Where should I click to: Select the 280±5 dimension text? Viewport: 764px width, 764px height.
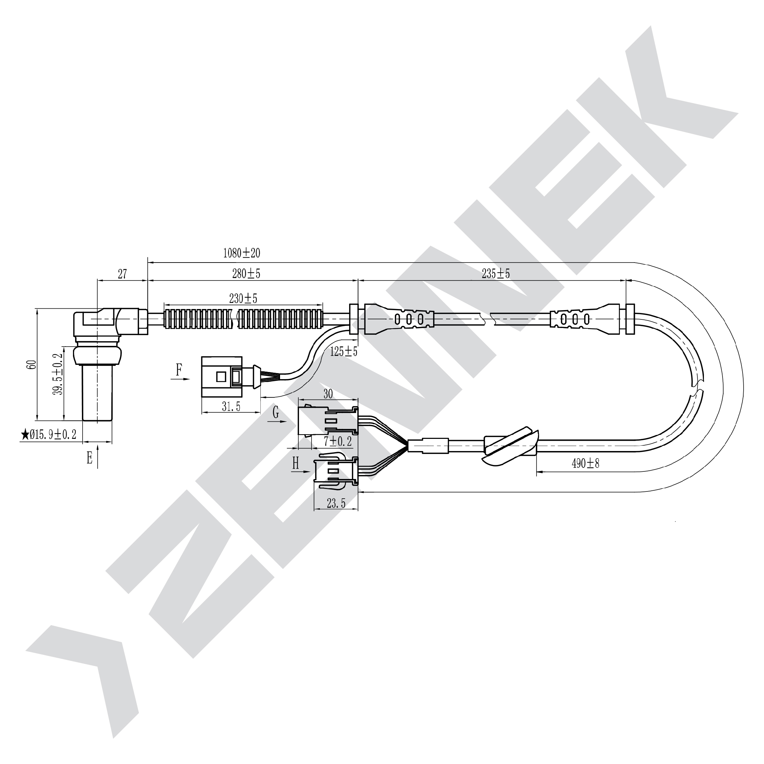pos(246,274)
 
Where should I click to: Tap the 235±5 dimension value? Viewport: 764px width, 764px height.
pos(496,274)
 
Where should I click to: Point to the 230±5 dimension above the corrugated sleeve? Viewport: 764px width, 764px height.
pos(243,299)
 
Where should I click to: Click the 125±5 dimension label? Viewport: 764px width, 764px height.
pos(344,351)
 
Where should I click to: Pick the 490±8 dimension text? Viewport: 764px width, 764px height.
pos(586,464)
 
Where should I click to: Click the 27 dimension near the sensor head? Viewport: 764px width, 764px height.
pos(122,274)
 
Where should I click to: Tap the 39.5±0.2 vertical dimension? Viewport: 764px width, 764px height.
pos(59,374)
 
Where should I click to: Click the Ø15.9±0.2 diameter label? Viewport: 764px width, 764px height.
pos(53,435)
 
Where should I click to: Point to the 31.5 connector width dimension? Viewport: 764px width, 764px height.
pos(231,407)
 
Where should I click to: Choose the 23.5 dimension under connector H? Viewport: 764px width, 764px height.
pos(336,503)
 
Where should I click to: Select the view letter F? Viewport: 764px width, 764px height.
pos(179,370)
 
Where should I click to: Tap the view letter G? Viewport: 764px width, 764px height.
pos(276,413)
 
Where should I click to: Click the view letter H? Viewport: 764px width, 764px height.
pos(295,463)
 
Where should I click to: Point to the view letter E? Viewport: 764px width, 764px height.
pos(90,458)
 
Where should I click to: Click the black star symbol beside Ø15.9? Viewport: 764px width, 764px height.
pos(25,435)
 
